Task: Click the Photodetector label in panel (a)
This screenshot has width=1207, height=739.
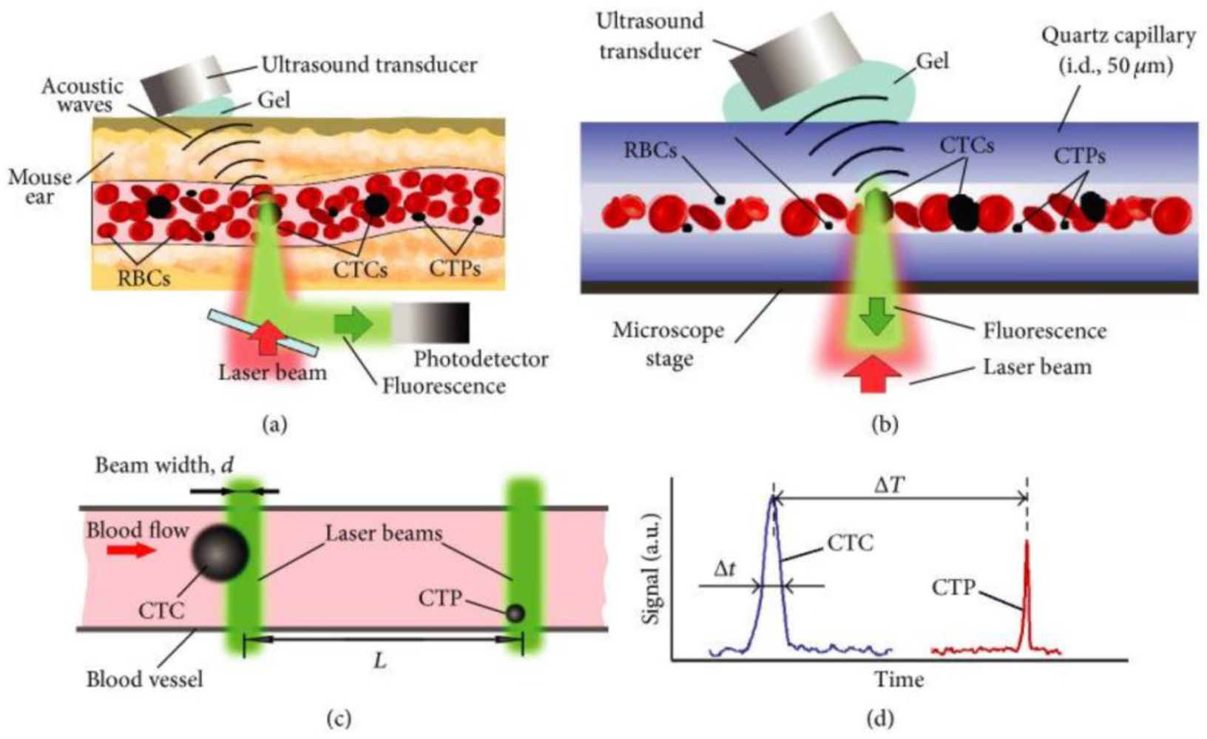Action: (481, 360)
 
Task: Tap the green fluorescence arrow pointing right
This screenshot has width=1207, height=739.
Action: (354, 324)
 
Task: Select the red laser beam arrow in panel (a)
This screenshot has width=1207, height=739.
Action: (266, 341)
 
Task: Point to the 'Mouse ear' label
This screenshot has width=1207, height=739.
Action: (40, 187)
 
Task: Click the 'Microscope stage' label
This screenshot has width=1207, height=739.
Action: (668, 345)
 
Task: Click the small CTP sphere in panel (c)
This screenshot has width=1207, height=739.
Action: (515, 613)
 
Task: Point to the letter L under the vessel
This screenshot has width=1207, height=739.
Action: (380, 660)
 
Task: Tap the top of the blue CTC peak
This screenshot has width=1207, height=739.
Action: (773, 498)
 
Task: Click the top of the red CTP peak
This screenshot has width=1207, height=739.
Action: (1027, 543)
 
